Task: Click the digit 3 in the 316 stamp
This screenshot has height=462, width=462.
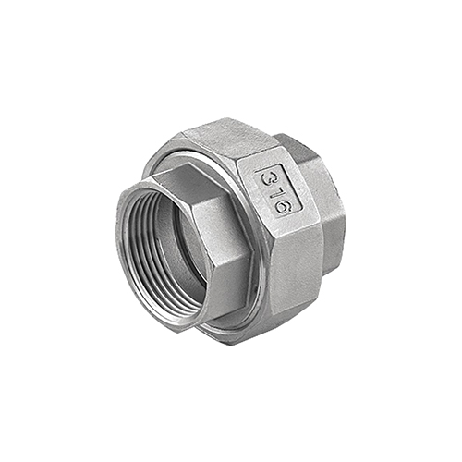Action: click(x=266, y=177)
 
